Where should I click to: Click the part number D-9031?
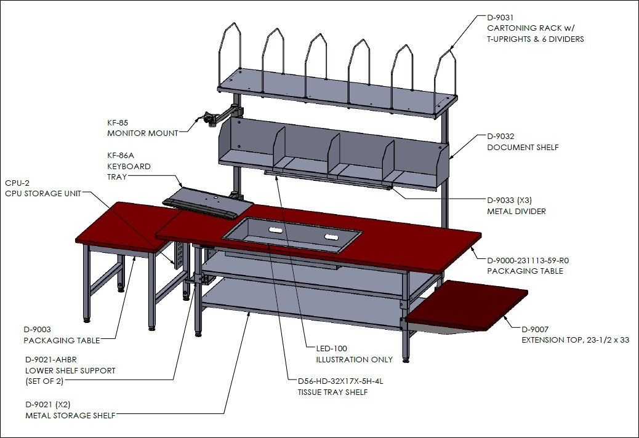(x=500, y=17)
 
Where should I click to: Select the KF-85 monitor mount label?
(x=143, y=128)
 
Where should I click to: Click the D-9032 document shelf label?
(x=523, y=141)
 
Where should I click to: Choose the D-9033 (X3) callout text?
(x=509, y=201)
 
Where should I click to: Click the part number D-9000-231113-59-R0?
(x=528, y=260)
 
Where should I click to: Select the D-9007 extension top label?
(x=576, y=335)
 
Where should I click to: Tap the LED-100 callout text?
(x=332, y=348)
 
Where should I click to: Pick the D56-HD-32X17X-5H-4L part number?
(x=340, y=381)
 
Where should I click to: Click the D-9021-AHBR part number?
(x=51, y=360)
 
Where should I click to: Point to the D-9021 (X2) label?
(x=47, y=405)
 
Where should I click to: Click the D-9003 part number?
(x=37, y=330)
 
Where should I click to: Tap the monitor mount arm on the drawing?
(x=220, y=114)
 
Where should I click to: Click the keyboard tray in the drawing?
(x=208, y=202)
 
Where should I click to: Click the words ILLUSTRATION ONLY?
(x=355, y=359)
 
